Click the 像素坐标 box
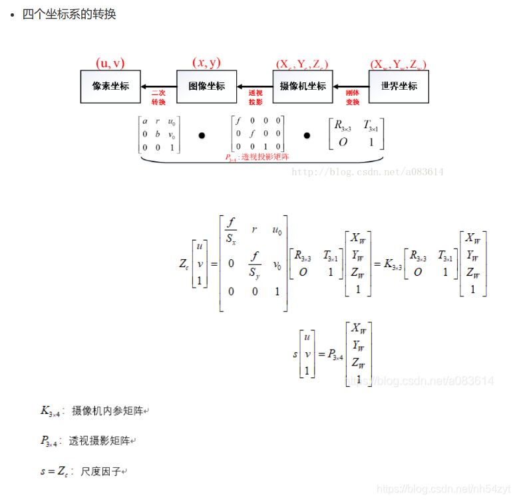coord(110,86)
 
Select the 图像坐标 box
coord(206,86)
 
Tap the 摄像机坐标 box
coord(303,86)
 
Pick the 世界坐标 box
coord(399,86)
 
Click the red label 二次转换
coord(158,98)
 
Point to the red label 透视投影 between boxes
coord(256,98)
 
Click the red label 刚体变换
coord(353,98)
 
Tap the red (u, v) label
coord(110,63)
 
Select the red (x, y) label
coord(206,63)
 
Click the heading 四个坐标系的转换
coord(69,14)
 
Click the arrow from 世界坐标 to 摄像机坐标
coord(351,86)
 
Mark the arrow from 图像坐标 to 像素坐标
coord(158,86)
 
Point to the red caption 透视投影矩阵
coord(257,157)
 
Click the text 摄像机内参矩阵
coord(107,411)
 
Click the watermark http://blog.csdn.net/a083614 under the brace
coord(368,172)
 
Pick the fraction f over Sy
coord(255,264)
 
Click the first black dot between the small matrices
coord(202,135)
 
